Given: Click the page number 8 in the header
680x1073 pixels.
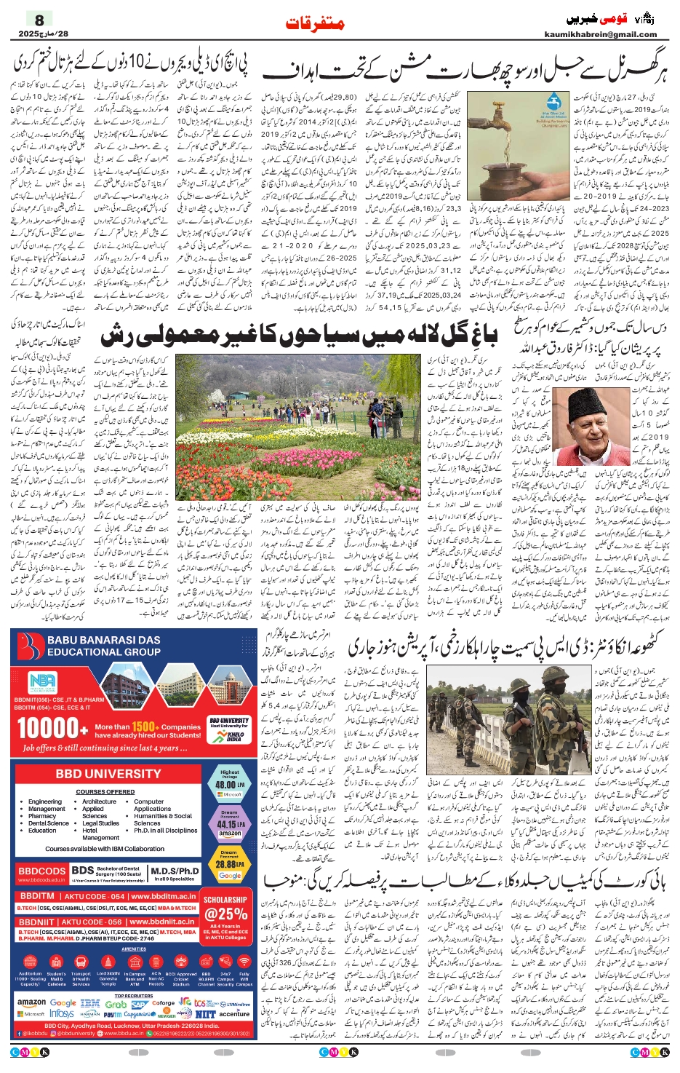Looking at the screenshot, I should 39,20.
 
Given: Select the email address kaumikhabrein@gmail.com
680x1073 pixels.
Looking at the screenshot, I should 600,34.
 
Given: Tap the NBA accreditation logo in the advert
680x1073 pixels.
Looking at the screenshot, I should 42,681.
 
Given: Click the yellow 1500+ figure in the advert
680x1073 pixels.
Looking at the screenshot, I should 145,726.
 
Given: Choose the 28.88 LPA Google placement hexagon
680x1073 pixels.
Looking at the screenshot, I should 229,865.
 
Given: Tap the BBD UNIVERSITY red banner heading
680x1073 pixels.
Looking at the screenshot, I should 108,774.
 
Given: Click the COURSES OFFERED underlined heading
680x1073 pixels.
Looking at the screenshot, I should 105,791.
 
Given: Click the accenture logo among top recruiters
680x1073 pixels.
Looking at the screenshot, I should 234,1013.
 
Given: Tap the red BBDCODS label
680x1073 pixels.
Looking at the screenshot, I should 42,871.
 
